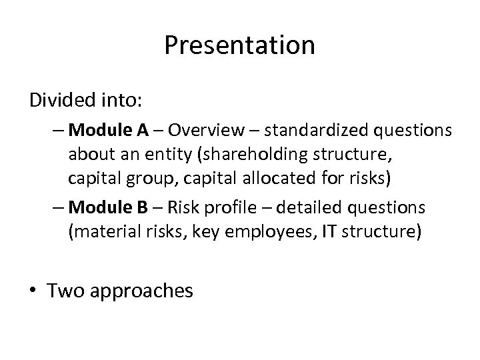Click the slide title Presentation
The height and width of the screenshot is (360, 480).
point(239,45)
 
